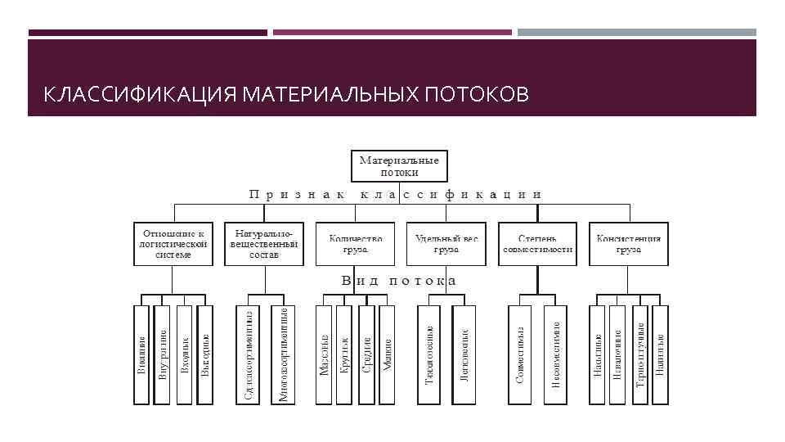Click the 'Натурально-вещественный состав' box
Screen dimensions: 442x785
(x=264, y=243)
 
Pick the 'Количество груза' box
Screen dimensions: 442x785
(x=355, y=243)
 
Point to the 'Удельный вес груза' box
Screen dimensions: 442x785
(x=446, y=243)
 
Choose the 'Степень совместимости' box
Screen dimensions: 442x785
(x=536, y=243)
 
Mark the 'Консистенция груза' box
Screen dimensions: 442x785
(x=628, y=243)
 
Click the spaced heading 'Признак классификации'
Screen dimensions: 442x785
(x=395, y=196)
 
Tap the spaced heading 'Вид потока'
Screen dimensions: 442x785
(x=399, y=281)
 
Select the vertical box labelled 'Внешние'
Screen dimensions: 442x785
(x=142, y=354)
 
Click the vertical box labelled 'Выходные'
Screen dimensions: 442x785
(x=205, y=354)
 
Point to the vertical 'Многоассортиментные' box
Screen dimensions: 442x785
(x=283, y=354)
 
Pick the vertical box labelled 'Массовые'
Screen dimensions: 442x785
(x=325, y=354)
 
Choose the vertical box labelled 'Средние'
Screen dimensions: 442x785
(x=366, y=354)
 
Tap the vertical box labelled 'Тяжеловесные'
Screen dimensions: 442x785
(x=430, y=354)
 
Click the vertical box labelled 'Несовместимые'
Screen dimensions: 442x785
(x=555, y=354)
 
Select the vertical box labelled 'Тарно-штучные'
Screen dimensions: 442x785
(x=640, y=354)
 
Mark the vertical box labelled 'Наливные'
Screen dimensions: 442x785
(x=661, y=354)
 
